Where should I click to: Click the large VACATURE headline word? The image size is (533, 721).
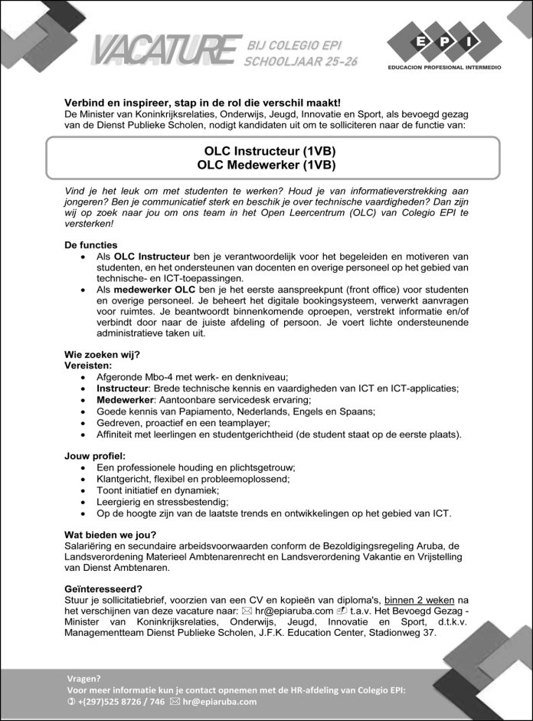pyautogui.click(x=165, y=49)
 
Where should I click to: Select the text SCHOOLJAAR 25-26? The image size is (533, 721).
pyautogui.click(x=299, y=61)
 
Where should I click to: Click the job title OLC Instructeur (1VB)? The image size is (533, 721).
pyautogui.click(x=266, y=150)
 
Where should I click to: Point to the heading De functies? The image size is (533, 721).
pyautogui.click(x=91, y=244)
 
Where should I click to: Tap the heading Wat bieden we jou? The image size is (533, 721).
pyautogui.click(x=110, y=534)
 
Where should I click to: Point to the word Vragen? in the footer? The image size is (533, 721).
pyautogui.click(x=84, y=677)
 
